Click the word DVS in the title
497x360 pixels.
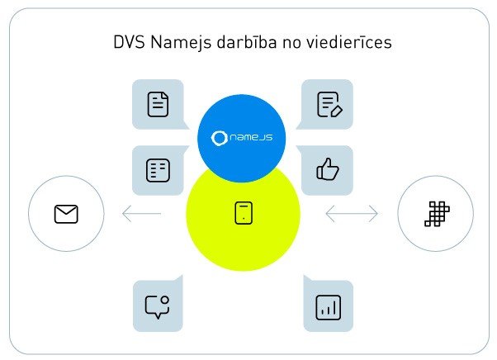(128, 42)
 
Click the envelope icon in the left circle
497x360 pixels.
(66, 215)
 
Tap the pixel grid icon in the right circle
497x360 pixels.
(435, 215)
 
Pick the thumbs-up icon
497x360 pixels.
(328, 171)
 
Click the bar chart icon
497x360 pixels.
(328, 307)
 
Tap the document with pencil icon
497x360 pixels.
(328, 105)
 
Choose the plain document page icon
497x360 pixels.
(157, 105)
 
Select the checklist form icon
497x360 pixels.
(157, 171)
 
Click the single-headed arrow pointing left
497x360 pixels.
(140, 215)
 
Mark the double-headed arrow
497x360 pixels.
(352, 215)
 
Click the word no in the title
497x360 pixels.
(301, 42)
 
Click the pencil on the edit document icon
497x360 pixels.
(334, 110)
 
